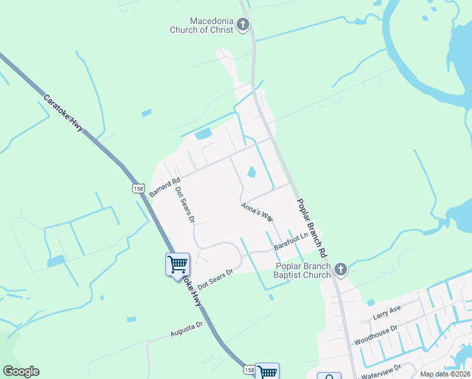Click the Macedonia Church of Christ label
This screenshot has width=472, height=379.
(x=201, y=25)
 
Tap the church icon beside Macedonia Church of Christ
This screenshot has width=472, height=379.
(x=243, y=25)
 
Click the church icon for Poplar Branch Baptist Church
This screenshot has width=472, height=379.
(x=341, y=270)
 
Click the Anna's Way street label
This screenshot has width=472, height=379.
(x=257, y=211)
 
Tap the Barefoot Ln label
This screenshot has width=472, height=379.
(x=291, y=241)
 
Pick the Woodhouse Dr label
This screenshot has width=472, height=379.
(x=375, y=335)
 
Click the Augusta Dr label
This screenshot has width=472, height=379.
(x=186, y=330)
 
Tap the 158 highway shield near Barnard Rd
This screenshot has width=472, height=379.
(x=139, y=188)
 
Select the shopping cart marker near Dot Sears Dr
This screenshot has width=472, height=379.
(x=177, y=264)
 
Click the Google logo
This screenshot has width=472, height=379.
(x=21, y=371)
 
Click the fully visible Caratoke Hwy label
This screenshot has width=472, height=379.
(x=63, y=114)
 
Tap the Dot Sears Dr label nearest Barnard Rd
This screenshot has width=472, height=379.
(x=184, y=205)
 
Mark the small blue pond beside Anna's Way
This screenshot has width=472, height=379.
(x=251, y=172)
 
